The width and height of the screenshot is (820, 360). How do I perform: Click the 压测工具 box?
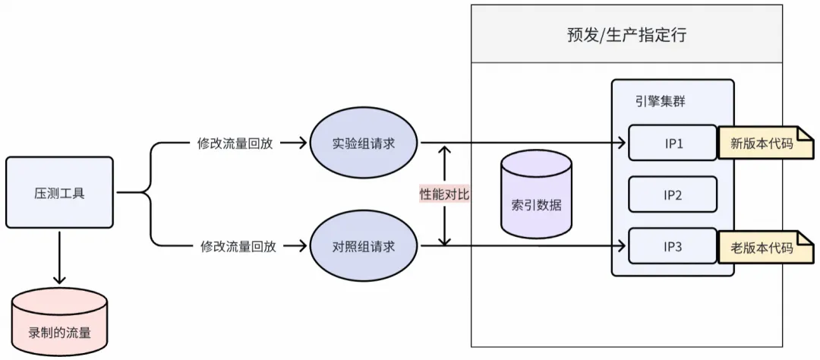[x=59, y=193]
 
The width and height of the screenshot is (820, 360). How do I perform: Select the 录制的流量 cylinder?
[x=59, y=325]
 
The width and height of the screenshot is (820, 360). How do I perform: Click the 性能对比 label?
[x=445, y=194]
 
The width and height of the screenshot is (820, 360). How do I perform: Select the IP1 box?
[x=673, y=143]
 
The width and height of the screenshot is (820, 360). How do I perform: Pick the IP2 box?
[x=673, y=194]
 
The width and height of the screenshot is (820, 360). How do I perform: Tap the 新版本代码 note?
[x=761, y=143]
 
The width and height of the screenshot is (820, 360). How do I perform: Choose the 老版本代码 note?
[x=761, y=248]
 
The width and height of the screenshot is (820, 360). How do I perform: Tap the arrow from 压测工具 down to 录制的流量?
[x=59, y=259]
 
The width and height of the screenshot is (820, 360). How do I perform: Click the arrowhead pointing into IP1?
[x=622, y=143]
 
